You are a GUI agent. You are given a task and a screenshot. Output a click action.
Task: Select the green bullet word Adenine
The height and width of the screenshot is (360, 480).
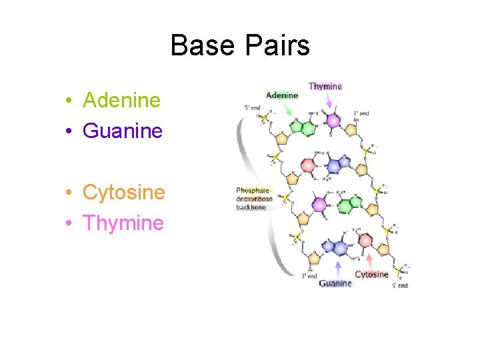tap(121, 101)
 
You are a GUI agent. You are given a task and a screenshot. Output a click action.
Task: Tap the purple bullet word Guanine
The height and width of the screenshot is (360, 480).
tap(122, 131)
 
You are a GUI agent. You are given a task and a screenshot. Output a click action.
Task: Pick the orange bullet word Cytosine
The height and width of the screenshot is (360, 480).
tap(123, 193)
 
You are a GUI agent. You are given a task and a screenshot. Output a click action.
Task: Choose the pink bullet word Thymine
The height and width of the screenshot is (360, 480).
tap(123, 223)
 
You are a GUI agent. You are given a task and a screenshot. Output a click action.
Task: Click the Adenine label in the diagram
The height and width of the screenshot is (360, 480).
tap(282, 95)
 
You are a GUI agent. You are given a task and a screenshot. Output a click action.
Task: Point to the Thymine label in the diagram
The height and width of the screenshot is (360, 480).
tap(325, 86)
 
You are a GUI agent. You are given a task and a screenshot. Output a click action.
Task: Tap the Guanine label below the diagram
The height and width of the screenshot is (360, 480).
tap(335, 283)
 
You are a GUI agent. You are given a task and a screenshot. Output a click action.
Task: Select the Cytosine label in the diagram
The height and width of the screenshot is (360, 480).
tap(371, 274)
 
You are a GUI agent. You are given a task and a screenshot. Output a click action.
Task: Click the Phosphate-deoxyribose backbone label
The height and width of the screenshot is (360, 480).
tap(255, 199)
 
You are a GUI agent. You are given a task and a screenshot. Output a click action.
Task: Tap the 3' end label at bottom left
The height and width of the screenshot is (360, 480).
tap(308, 276)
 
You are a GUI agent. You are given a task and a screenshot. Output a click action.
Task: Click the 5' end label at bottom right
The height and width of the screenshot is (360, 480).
tap(399, 285)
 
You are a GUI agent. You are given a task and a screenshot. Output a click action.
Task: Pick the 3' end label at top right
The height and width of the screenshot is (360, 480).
tap(361, 114)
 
